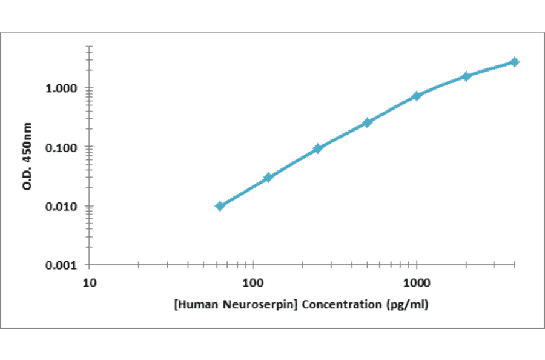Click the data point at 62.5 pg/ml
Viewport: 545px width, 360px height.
pyautogui.click(x=220, y=206)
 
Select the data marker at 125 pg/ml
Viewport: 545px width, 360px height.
pyautogui.click(x=268, y=178)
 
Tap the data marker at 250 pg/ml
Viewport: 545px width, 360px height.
pyautogui.click(x=318, y=148)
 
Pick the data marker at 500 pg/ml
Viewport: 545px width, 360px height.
pyautogui.click(x=367, y=123)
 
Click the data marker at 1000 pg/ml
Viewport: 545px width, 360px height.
pyautogui.click(x=417, y=96)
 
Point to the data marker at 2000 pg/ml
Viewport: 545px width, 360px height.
pyautogui.click(x=466, y=76)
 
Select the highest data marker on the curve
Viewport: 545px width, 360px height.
pyautogui.click(x=515, y=62)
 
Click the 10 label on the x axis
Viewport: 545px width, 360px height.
pyautogui.click(x=89, y=282)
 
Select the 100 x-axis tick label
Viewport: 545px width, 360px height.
pyautogui.click(x=253, y=282)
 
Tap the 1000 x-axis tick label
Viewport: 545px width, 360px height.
pyautogui.click(x=417, y=282)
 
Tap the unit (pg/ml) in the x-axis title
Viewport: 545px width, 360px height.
pyautogui.click(x=406, y=304)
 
